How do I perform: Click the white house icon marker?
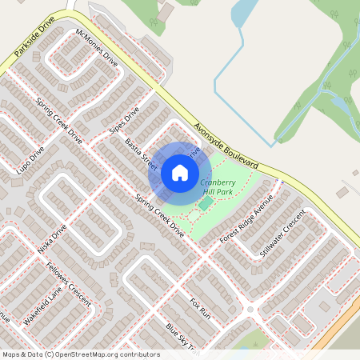(x=180, y=173)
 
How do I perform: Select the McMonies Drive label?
(x=96, y=47)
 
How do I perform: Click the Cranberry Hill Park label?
(x=218, y=187)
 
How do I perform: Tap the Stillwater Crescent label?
(x=282, y=232)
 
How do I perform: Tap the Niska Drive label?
(x=52, y=238)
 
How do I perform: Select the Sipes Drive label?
(x=124, y=120)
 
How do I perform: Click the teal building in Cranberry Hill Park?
(x=206, y=203)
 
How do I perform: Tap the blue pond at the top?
(x=242, y=12)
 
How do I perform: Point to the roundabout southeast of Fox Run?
(x=250, y=310)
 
